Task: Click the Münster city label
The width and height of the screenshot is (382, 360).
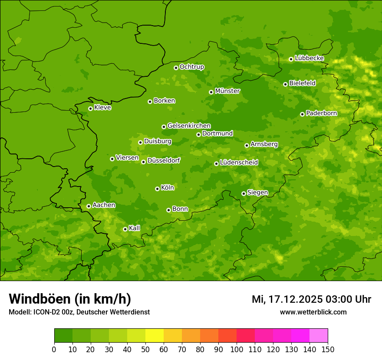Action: (x=227, y=91)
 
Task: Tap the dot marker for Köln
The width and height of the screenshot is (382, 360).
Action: (x=157, y=189)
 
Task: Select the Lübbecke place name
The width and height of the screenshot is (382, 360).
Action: (x=309, y=58)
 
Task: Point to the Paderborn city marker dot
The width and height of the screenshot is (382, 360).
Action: (x=302, y=114)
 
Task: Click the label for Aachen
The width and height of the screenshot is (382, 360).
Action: (x=104, y=205)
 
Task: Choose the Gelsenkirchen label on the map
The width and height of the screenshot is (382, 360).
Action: (x=189, y=126)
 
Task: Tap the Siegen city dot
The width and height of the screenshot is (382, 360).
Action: (x=244, y=193)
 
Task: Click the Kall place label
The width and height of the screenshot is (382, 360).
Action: (x=135, y=228)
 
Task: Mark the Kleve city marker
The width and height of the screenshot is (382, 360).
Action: (x=90, y=108)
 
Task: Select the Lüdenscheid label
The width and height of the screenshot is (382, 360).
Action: (x=239, y=163)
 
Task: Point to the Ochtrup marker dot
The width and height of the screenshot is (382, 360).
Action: (x=176, y=68)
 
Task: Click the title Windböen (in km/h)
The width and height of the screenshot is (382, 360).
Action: (x=70, y=299)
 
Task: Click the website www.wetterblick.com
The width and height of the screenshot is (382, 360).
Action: (x=313, y=312)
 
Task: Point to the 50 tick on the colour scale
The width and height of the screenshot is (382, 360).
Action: (x=145, y=349)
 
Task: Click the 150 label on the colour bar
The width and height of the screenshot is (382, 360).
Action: (x=328, y=349)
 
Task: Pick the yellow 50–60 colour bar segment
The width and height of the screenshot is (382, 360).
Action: (x=155, y=336)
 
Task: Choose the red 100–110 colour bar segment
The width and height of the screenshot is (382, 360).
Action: (x=246, y=336)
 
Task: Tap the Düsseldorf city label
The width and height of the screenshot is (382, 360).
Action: (x=163, y=160)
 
